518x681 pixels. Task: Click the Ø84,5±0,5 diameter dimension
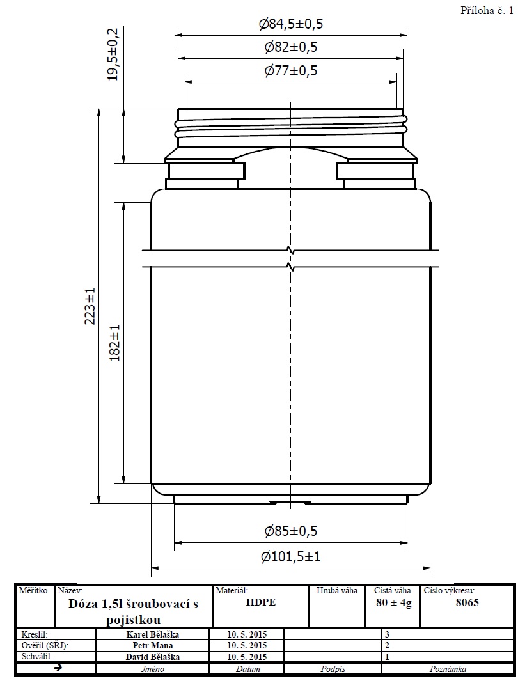coord(291,24)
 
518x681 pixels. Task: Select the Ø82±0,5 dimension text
coord(291,47)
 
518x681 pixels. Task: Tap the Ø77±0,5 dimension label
coord(291,70)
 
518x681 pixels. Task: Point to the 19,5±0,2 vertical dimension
coord(113,54)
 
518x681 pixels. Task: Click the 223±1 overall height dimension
coord(90,306)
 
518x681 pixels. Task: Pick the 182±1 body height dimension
coord(114,343)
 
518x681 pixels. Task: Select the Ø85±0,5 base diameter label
coord(291,531)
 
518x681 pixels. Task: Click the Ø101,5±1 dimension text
coord(291,556)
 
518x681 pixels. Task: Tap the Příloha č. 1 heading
coord(487,11)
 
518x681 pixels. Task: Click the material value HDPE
coord(260,602)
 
